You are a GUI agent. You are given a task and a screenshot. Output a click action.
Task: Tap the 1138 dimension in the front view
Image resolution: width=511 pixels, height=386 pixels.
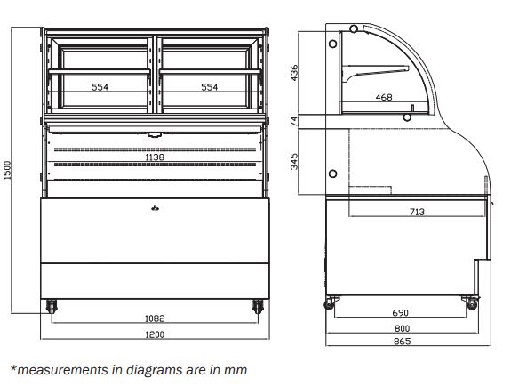(155, 157)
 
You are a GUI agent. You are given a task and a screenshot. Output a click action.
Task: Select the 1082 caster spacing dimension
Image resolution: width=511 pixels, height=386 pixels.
(155, 318)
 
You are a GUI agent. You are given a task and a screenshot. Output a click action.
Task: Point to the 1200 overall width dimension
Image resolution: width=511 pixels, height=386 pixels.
(155, 334)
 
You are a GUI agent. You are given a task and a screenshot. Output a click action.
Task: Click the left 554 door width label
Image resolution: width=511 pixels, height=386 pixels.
(100, 87)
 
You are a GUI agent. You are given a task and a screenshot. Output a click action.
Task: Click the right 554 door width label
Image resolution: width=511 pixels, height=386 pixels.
(209, 87)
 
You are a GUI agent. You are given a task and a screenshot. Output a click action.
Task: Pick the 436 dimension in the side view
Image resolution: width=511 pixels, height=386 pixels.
(294, 73)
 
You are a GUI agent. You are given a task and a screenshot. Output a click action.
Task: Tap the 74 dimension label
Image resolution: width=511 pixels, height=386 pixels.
(294, 121)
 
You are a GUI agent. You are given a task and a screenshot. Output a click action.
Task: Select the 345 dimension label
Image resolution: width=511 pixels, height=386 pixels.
(294, 162)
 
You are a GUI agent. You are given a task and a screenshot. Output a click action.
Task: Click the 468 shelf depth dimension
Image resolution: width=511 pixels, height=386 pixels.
(384, 97)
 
